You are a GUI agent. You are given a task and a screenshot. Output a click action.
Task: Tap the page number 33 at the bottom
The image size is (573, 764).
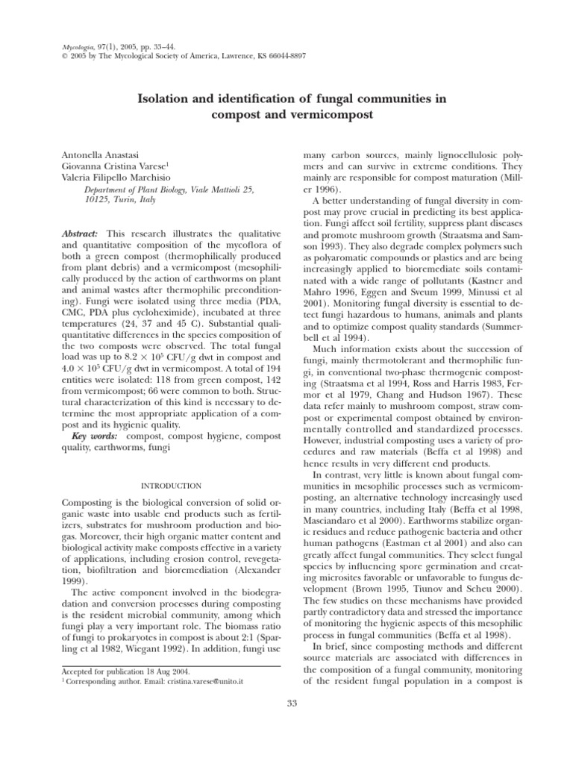pos(292,701)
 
